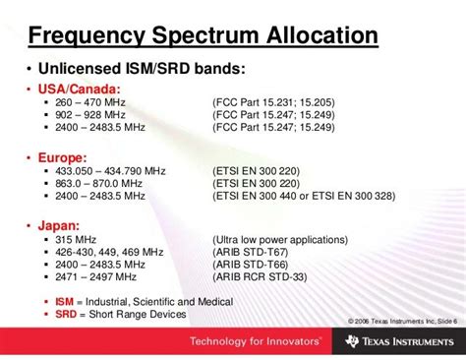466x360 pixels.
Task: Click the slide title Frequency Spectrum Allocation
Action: pyautogui.click(x=203, y=36)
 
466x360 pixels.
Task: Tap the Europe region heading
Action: pyautogui.click(x=60, y=155)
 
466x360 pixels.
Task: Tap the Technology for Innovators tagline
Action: pyautogui.click(x=242, y=341)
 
